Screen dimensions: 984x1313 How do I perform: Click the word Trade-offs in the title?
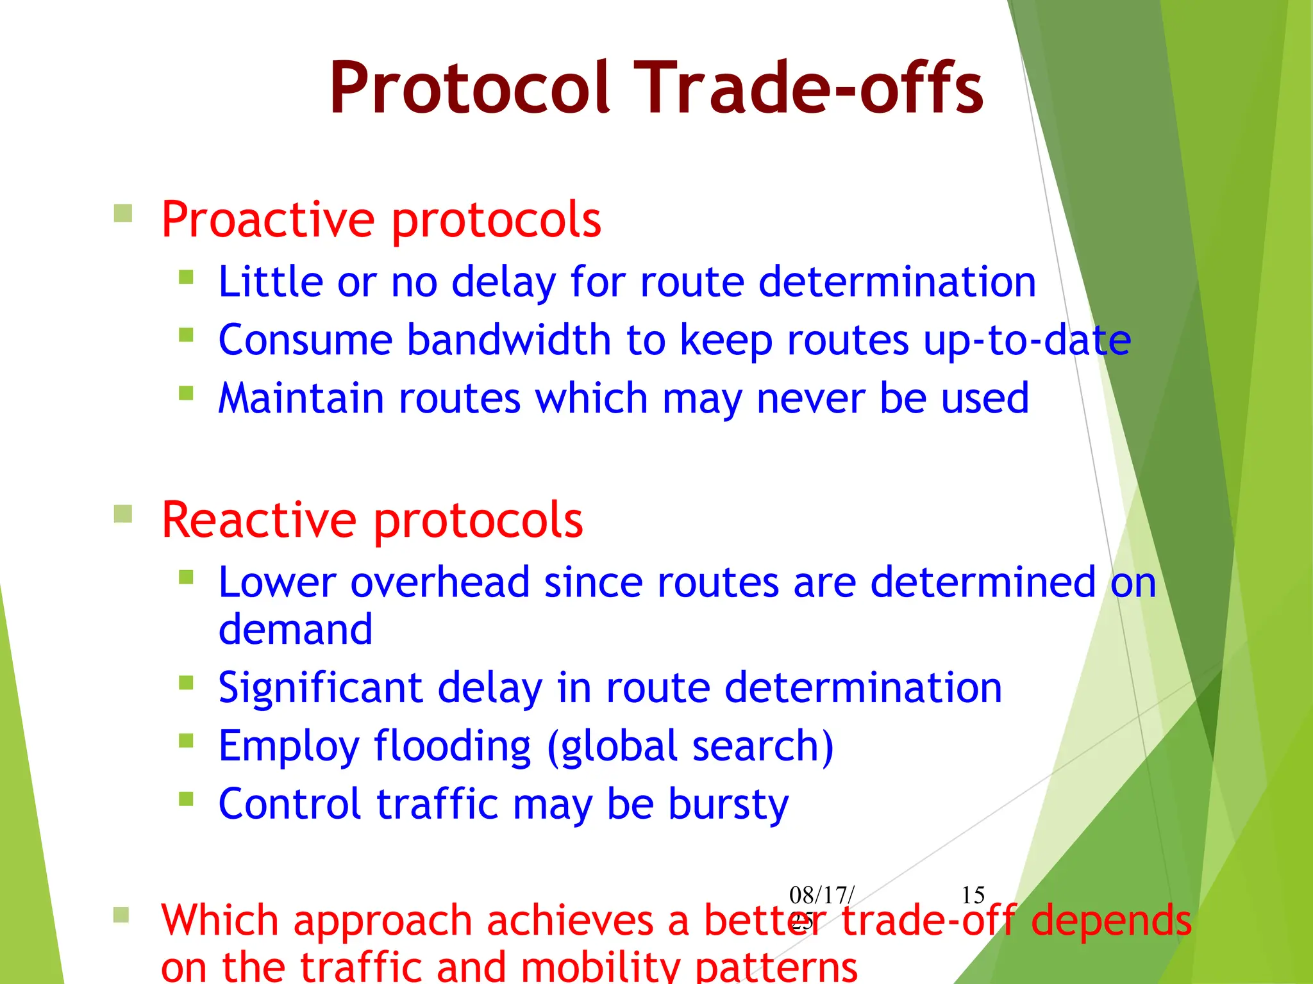(812, 88)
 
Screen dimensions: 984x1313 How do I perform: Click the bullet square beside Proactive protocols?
(122, 213)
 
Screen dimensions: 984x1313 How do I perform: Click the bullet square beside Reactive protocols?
(122, 513)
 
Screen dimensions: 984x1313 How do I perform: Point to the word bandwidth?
(508, 340)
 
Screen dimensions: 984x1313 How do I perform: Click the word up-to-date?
(1027, 340)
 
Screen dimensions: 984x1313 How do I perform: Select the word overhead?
(440, 583)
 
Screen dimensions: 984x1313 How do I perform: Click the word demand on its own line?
(295, 630)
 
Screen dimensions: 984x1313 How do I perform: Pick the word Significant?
(321, 688)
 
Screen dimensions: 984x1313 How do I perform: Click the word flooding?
(452, 746)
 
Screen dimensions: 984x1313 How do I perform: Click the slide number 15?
(973, 895)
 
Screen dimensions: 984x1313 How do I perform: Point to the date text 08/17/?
(821, 895)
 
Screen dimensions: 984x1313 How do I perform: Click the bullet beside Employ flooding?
(186, 741)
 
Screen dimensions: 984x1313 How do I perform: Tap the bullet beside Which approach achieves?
(121, 914)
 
